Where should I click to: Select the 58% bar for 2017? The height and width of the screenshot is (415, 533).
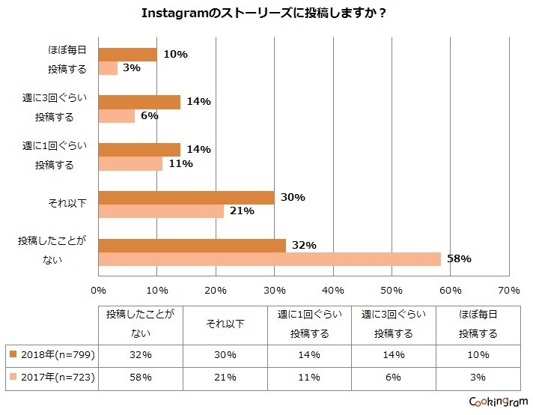(x=269, y=259)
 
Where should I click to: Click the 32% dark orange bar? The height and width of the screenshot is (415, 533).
(x=192, y=246)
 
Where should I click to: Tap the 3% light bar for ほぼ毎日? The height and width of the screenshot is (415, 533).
(x=108, y=69)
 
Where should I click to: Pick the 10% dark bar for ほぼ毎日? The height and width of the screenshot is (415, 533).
(x=127, y=55)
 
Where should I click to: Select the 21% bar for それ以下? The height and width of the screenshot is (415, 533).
(x=161, y=211)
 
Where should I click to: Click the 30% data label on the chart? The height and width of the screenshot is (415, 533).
(x=292, y=197)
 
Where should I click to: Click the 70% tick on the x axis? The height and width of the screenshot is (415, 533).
(x=508, y=290)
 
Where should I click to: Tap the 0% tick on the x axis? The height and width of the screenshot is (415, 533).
(x=98, y=290)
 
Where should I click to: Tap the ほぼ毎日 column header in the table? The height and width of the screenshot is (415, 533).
(x=479, y=324)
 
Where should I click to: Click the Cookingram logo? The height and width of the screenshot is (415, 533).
(x=496, y=402)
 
